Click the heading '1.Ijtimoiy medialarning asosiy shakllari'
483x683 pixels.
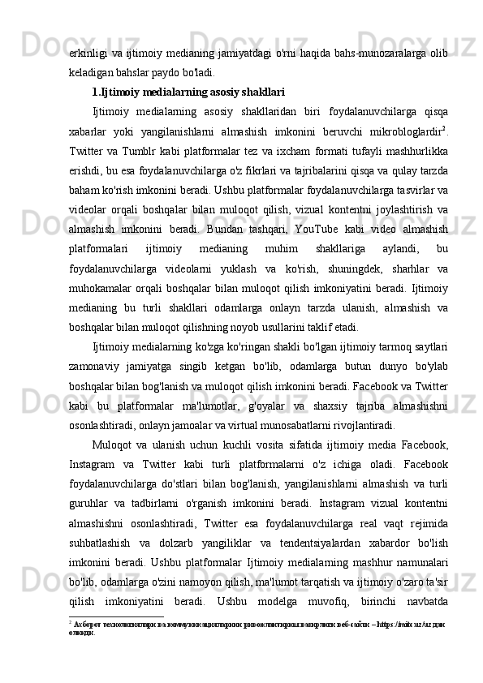coord(188,92)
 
